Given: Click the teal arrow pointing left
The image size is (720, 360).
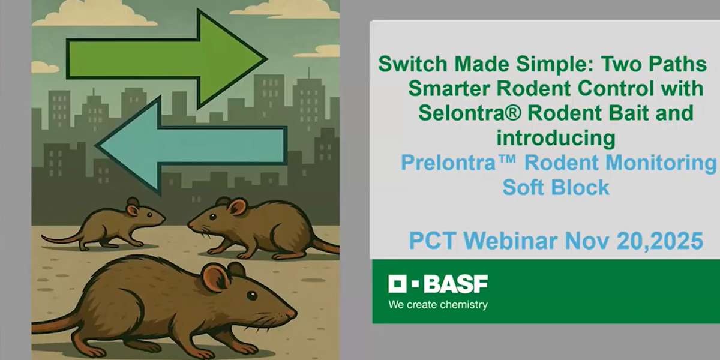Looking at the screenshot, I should (192, 146).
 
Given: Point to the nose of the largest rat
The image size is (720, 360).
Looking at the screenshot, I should (293, 313).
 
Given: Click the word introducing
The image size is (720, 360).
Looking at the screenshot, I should (556, 138).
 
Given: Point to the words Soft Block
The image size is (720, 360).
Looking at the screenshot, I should (556, 187).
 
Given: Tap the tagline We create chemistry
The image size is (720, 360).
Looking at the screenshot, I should (438, 304).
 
